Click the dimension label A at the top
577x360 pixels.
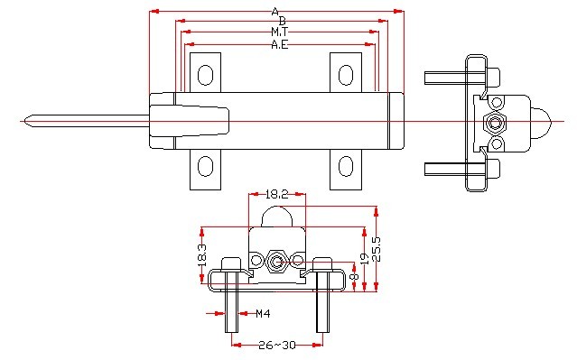click(x=275, y=12)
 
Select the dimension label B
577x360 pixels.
click(x=283, y=21)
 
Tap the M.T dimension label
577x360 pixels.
click(x=280, y=32)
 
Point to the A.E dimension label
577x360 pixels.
click(x=280, y=44)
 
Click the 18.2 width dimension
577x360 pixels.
click(x=276, y=194)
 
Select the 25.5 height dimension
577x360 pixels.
click(x=376, y=249)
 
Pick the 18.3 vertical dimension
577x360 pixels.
click(x=202, y=255)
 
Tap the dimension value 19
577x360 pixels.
click(x=364, y=259)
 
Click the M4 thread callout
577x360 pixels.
click(x=263, y=314)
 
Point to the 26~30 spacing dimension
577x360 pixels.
click(x=277, y=345)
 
